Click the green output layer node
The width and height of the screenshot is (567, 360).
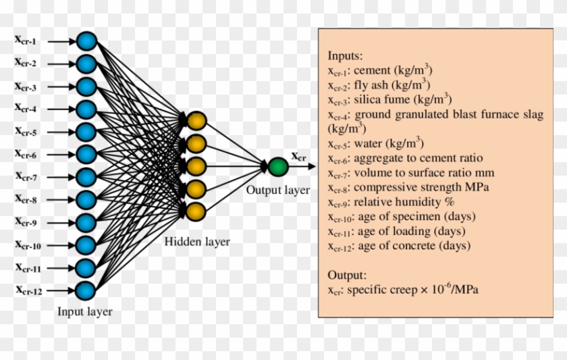pyautogui.click(x=277, y=166)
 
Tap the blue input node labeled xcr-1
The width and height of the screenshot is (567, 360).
pyautogui.click(x=86, y=41)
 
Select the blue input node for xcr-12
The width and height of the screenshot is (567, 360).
pyautogui.click(x=86, y=290)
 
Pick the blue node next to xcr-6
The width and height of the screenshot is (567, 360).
pyautogui.click(x=86, y=154)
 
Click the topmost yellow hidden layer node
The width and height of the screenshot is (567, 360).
pyautogui.click(x=196, y=121)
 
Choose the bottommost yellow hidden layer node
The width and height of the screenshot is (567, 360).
pyautogui.click(x=196, y=211)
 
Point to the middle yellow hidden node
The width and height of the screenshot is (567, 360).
pyautogui.click(x=196, y=165)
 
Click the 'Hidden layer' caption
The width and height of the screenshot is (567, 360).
pyautogui.click(x=197, y=241)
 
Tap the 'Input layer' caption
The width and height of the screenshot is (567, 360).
pyautogui.click(x=85, y=311)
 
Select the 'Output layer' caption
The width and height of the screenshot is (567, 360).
pyautogui.click(x=277, y=190)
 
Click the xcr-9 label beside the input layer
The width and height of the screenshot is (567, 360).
pyautogui.click(x=26, y=222)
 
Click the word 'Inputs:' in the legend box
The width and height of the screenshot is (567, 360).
pyautogui.click(x=346, y=55)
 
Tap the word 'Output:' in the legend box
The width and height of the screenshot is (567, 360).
pyautogui.click(x=347, y=276)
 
